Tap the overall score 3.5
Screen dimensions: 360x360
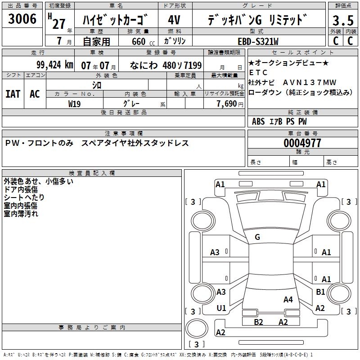tap(343, 21)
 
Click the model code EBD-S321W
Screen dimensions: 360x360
tap(258, 41)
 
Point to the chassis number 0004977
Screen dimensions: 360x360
tap(302, 143)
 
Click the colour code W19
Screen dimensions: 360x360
tap(74, 103)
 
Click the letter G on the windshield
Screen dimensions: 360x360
tap(257, 237)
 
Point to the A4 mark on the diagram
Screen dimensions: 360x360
tap(288, 300)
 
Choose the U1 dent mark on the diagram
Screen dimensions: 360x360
tap(221, 308)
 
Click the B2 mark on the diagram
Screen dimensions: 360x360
tap(258, 322)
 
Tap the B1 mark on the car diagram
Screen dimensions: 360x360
tap(320, 292)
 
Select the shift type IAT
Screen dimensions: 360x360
tap(13, 94)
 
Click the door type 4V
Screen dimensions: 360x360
tap(175, 20)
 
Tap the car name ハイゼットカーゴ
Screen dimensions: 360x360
tap(116, 20)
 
